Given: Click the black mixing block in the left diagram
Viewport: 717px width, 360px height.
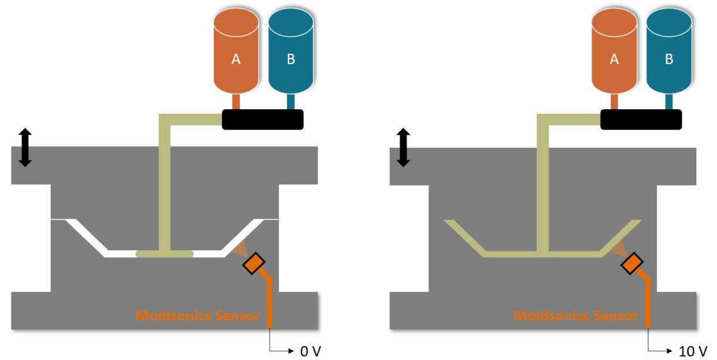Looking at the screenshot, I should click(x=263, y=119).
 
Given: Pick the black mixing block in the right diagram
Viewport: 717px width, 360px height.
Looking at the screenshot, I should click(x=641, y=119).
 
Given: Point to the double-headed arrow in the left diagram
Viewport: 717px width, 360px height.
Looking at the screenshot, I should click(x=24, y=148).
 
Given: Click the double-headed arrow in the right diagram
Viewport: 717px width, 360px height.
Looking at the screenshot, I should click(x=403, y=148).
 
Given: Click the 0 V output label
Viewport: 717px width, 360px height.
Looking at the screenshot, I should click(x=308, y=350).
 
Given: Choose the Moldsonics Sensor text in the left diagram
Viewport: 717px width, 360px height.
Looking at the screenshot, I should click(x=197, y=316).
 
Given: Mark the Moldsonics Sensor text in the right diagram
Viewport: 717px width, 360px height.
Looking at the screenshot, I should click(x=575, y=316).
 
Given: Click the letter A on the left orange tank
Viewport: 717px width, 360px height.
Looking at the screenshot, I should click(x=236, y=59).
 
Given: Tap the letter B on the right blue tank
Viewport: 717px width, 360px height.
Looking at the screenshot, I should click(x=669, y=59).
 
